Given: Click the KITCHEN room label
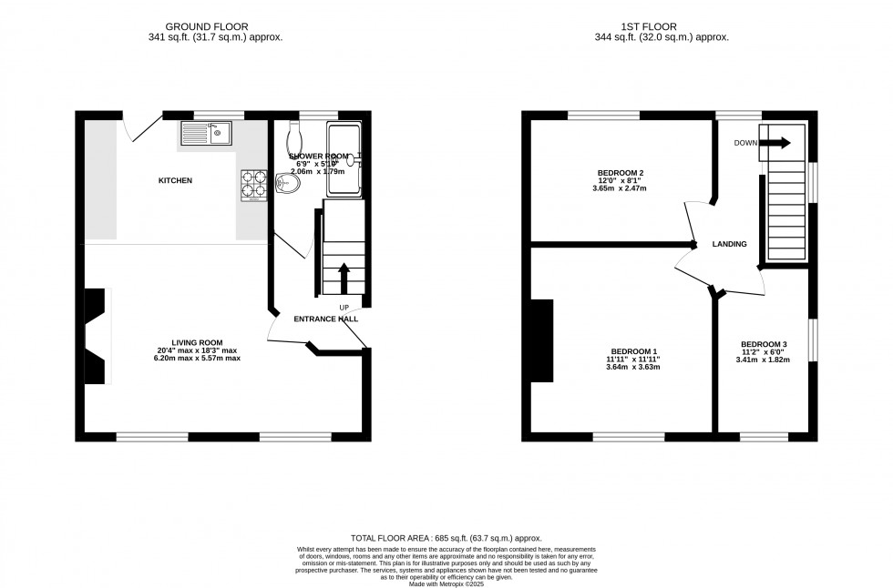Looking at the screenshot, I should point(176,181).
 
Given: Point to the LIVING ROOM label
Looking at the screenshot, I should point(198,342).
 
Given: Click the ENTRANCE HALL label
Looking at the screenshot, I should point(325,319).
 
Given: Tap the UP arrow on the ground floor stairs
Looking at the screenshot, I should point(344,277).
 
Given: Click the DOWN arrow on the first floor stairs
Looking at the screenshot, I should point(775,143).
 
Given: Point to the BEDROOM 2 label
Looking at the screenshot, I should point(621,173).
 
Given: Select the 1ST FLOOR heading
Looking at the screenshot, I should point(661,26).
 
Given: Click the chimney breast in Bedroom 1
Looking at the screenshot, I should point(543,340).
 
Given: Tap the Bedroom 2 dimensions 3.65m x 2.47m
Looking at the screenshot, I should point(621,189).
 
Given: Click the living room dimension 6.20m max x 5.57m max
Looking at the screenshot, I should point(198,359).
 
